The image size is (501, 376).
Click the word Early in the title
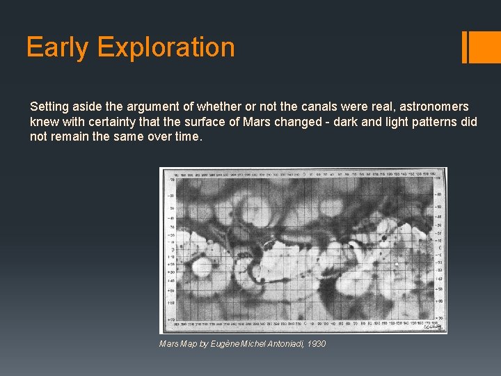click(58, 47)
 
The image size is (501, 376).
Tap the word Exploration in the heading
click(166, 47)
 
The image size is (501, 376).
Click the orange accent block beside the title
click(484, 47)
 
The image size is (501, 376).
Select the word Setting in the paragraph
click(49, 107)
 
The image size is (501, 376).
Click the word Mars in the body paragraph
click(252, 122)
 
